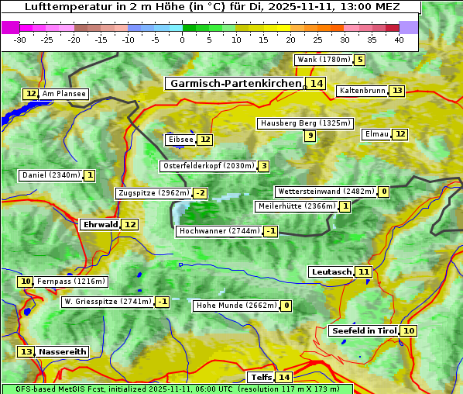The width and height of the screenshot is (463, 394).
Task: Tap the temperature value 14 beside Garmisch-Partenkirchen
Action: (316, 83)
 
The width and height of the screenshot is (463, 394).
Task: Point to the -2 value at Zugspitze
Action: (201, 193)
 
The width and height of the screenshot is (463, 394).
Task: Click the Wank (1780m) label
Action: (323, 60)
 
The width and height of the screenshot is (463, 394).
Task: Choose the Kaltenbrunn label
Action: (362, 91)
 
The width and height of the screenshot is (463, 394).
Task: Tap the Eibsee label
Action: (180, 140)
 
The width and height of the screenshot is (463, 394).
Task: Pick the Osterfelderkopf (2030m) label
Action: (207, 166)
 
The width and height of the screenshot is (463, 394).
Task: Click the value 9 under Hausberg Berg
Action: (310, 136)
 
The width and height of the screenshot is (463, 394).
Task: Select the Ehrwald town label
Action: (100, 225)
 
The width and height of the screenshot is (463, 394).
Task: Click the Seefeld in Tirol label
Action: (363, 331)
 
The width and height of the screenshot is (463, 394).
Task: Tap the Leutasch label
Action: (331, 271)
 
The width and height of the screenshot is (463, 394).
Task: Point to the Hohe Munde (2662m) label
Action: (236, 306)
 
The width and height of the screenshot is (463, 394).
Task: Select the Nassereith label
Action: (62, 351)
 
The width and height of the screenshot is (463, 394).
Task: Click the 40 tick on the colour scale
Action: (399, 40)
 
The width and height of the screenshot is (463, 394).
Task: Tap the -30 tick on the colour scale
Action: (20, 40)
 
